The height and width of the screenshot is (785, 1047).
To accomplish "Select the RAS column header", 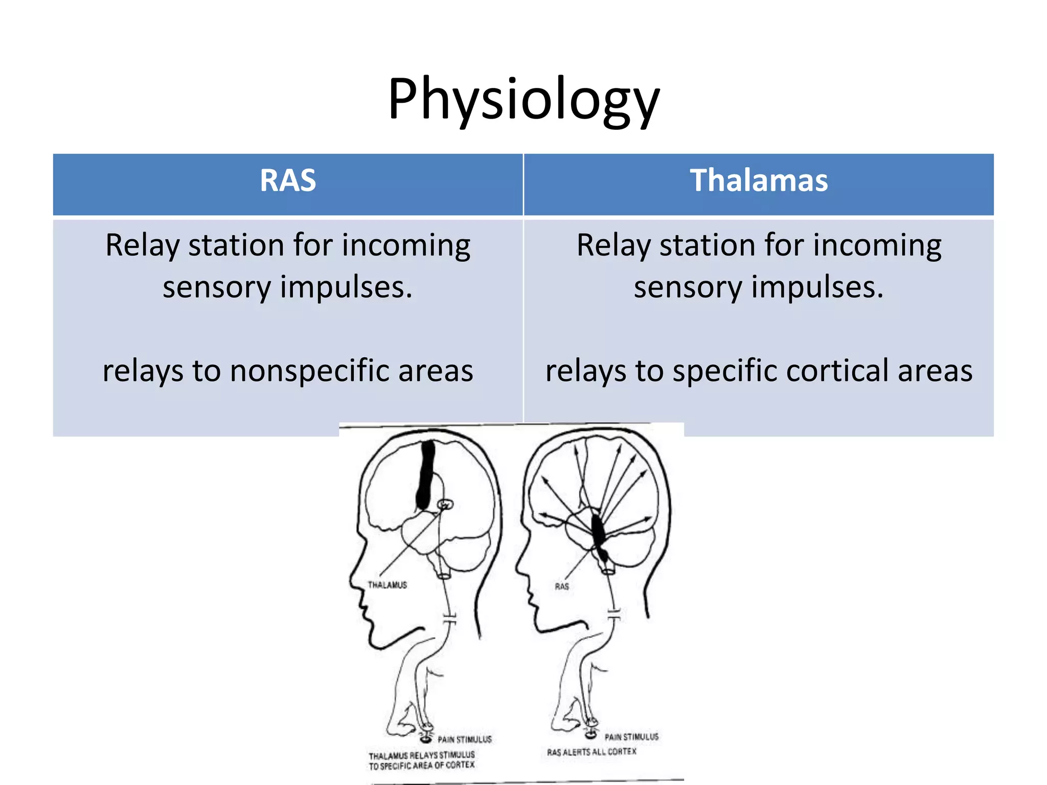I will click(x=288, y=181).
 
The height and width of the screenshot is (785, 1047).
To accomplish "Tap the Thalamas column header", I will click(x=759, y=181).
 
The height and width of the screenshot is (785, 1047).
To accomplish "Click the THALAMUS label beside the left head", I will click(x=387, y=585).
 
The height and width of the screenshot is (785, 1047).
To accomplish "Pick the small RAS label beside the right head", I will click(x=562, y=586).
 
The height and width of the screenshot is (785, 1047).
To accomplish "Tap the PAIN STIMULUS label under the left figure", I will click(x=464, y=740).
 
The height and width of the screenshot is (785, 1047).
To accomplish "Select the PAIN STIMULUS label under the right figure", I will click(x=631, y=737).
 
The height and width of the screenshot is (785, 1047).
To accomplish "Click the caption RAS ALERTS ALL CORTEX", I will click(x=591, y=752).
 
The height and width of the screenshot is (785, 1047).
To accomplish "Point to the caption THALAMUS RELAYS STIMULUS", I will click(x=422, y=755).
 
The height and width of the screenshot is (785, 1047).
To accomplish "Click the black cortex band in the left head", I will click(x=425, y=475).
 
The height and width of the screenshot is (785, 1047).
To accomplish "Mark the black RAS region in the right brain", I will click(x=598, y=532).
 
